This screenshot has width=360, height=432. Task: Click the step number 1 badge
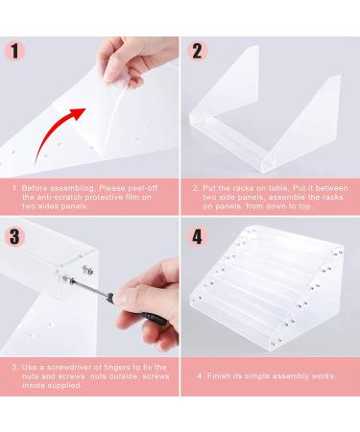pyautogui.click(x=14, y=51)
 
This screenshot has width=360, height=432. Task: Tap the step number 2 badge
pyautogui.click(x=198, y=51)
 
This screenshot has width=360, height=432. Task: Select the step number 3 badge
pyautogui.click(x=14, y=237)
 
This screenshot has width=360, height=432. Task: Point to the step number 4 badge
pyautogui.click(x=198, y=237)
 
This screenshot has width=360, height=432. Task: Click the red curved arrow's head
pyautogui.click(x=78, y=113)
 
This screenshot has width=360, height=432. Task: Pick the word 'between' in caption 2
pyautogui.click(x=332, y=188)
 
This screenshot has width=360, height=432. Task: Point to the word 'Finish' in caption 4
pyautogui.click(x=219, y=375)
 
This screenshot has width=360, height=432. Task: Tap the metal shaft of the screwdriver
pyautogui.click(x=89, y=286)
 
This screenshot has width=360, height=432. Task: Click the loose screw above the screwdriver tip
pyautogui.click(x=88, y=270)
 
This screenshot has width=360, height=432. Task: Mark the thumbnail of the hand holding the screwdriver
pyautogui.click(x=120, y=300)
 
